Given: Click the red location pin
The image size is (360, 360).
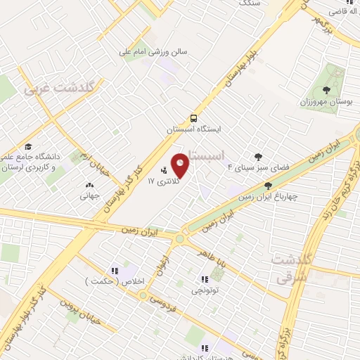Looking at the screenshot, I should (181, 165).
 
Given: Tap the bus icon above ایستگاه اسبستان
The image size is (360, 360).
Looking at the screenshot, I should (193, 118).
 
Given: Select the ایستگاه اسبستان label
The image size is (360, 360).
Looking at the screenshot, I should (194, 130).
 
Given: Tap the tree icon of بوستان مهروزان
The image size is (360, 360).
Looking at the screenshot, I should (326, 89).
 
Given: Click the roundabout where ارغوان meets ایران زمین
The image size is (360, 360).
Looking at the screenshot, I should (181, 239).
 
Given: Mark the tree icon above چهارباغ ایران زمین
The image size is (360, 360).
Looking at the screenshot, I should (268, 186).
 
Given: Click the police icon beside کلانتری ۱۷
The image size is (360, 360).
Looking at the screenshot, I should (165, 170).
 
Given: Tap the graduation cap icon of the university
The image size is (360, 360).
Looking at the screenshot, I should (28, 146).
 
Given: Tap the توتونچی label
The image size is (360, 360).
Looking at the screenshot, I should (205, 289).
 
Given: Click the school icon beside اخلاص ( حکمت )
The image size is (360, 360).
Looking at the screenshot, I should (113, 271).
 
